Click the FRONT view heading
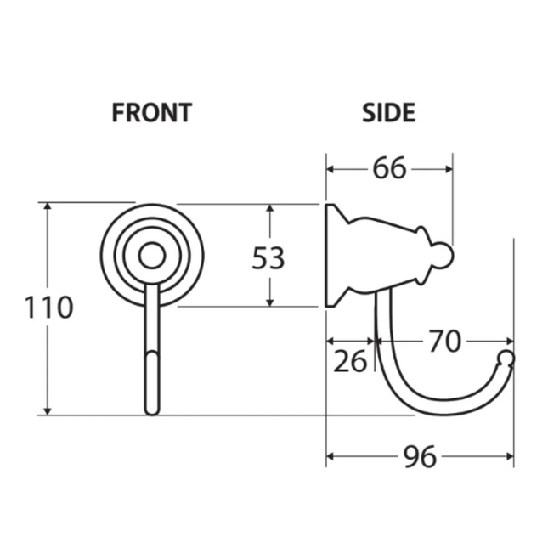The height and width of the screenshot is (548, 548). (152, 113)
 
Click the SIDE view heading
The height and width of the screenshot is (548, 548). (388, 113)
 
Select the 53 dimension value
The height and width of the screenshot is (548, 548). (268, 257)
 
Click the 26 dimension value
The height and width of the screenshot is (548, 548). (349, 361)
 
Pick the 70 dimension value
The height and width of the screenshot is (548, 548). (444, 342)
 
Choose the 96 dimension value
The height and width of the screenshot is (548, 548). (420, 457)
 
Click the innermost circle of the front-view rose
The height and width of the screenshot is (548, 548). (153, 256)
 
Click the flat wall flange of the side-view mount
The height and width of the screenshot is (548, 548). (330, 255)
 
